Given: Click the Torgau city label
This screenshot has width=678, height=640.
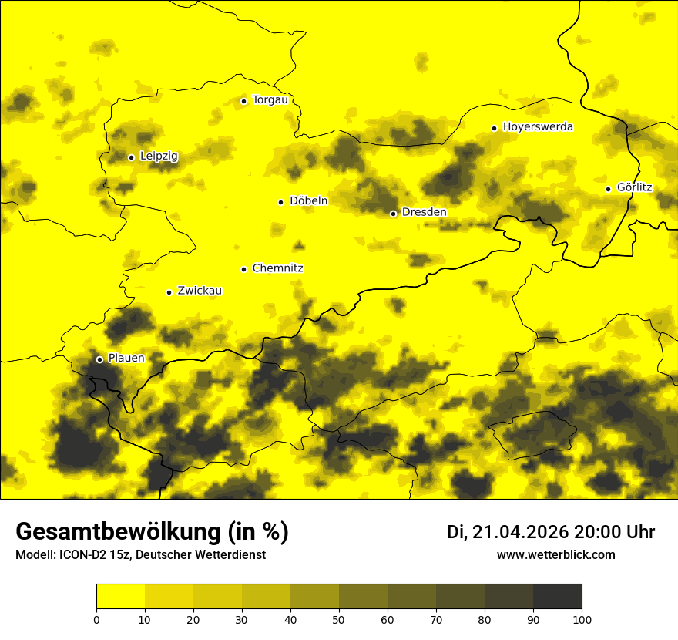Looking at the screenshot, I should [x=270, y=100].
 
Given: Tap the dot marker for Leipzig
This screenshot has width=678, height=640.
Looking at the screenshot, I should [x=131, y=157].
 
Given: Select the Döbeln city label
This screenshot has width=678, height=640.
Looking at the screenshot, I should [x=308, y=201].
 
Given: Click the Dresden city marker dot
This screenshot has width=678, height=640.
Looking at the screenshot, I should [x=393, y=214].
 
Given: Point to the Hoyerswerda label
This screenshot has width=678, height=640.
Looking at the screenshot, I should [x=538, y=127].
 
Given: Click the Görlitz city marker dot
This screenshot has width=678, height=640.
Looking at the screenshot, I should [x=608, y=189].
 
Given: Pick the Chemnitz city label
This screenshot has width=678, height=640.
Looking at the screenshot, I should [x=277, y=269].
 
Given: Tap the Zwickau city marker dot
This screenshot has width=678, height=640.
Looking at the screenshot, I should [x=169, y=292].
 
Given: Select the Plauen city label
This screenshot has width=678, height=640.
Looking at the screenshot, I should [x=126, y=359].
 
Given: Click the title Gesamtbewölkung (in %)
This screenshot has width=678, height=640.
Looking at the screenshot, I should [x=152, y=532].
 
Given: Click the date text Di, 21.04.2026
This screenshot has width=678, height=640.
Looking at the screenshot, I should [x=508, y=532].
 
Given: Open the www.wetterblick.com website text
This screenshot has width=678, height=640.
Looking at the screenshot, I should [x=555, y=554].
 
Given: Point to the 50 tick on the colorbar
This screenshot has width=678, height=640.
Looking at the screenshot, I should [x=339, y=619].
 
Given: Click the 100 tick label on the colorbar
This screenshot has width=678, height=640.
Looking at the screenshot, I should [x=582, y=619].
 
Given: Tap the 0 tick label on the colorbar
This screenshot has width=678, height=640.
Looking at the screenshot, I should [x=96, y=619].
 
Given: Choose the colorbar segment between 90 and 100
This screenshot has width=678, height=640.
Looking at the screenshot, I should [x=557, y=596].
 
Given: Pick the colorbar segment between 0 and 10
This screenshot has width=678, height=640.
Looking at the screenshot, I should [x=120, y=596].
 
